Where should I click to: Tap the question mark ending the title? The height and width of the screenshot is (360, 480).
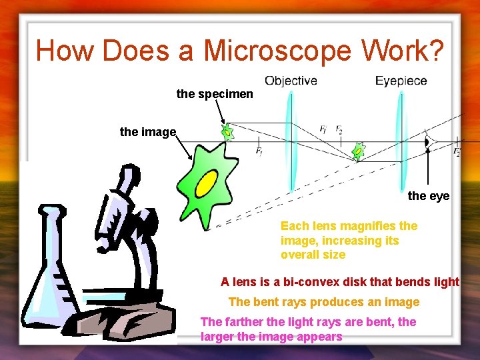[433, 51]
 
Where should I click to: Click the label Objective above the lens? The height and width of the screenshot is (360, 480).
[291, 81]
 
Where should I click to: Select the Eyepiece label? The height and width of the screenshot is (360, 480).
[401, 81]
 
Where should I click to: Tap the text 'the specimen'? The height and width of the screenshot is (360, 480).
[215, 94]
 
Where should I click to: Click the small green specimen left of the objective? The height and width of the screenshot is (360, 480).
[228, 131]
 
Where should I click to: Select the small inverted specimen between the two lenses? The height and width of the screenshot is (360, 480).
[359, 151]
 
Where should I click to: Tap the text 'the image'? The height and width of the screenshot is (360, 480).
[147, 132]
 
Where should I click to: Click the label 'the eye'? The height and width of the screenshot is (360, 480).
[429, 196]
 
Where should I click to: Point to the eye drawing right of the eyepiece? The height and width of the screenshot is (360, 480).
[428, 142]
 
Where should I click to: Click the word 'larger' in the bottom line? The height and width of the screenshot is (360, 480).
[217, 337]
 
